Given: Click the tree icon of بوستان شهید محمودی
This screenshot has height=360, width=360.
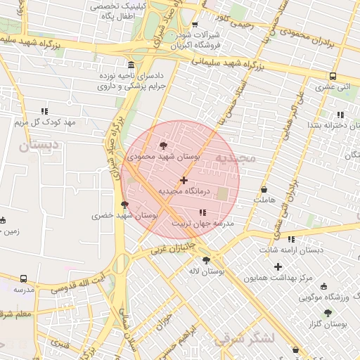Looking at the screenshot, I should (x=164, y=146).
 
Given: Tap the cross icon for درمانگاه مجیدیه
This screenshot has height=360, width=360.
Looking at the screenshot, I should (x=184, y=181).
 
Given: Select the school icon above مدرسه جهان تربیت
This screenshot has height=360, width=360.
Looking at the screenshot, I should (x=203, y=212).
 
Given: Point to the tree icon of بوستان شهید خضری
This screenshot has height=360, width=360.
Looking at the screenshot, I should (x=125, y=205).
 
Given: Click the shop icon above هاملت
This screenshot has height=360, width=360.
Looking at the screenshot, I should (x=264, y=189).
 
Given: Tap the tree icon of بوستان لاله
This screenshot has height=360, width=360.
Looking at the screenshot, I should (x=206, y=260).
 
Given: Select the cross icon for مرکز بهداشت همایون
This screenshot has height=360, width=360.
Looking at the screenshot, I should (x=279, y=266).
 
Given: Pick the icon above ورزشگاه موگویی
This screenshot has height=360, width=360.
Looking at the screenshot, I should (x=323, y=286).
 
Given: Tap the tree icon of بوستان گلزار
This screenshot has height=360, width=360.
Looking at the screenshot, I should (x=328, y=313).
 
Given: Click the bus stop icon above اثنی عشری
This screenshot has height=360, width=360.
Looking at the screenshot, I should (x=333, y=76).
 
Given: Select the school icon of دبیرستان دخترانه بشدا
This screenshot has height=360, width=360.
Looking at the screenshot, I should (x=340, y=114).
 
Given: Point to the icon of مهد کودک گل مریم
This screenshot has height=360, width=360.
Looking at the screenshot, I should (x=45, y=111).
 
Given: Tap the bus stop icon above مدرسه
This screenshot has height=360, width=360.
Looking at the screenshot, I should (x=23, y=278).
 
